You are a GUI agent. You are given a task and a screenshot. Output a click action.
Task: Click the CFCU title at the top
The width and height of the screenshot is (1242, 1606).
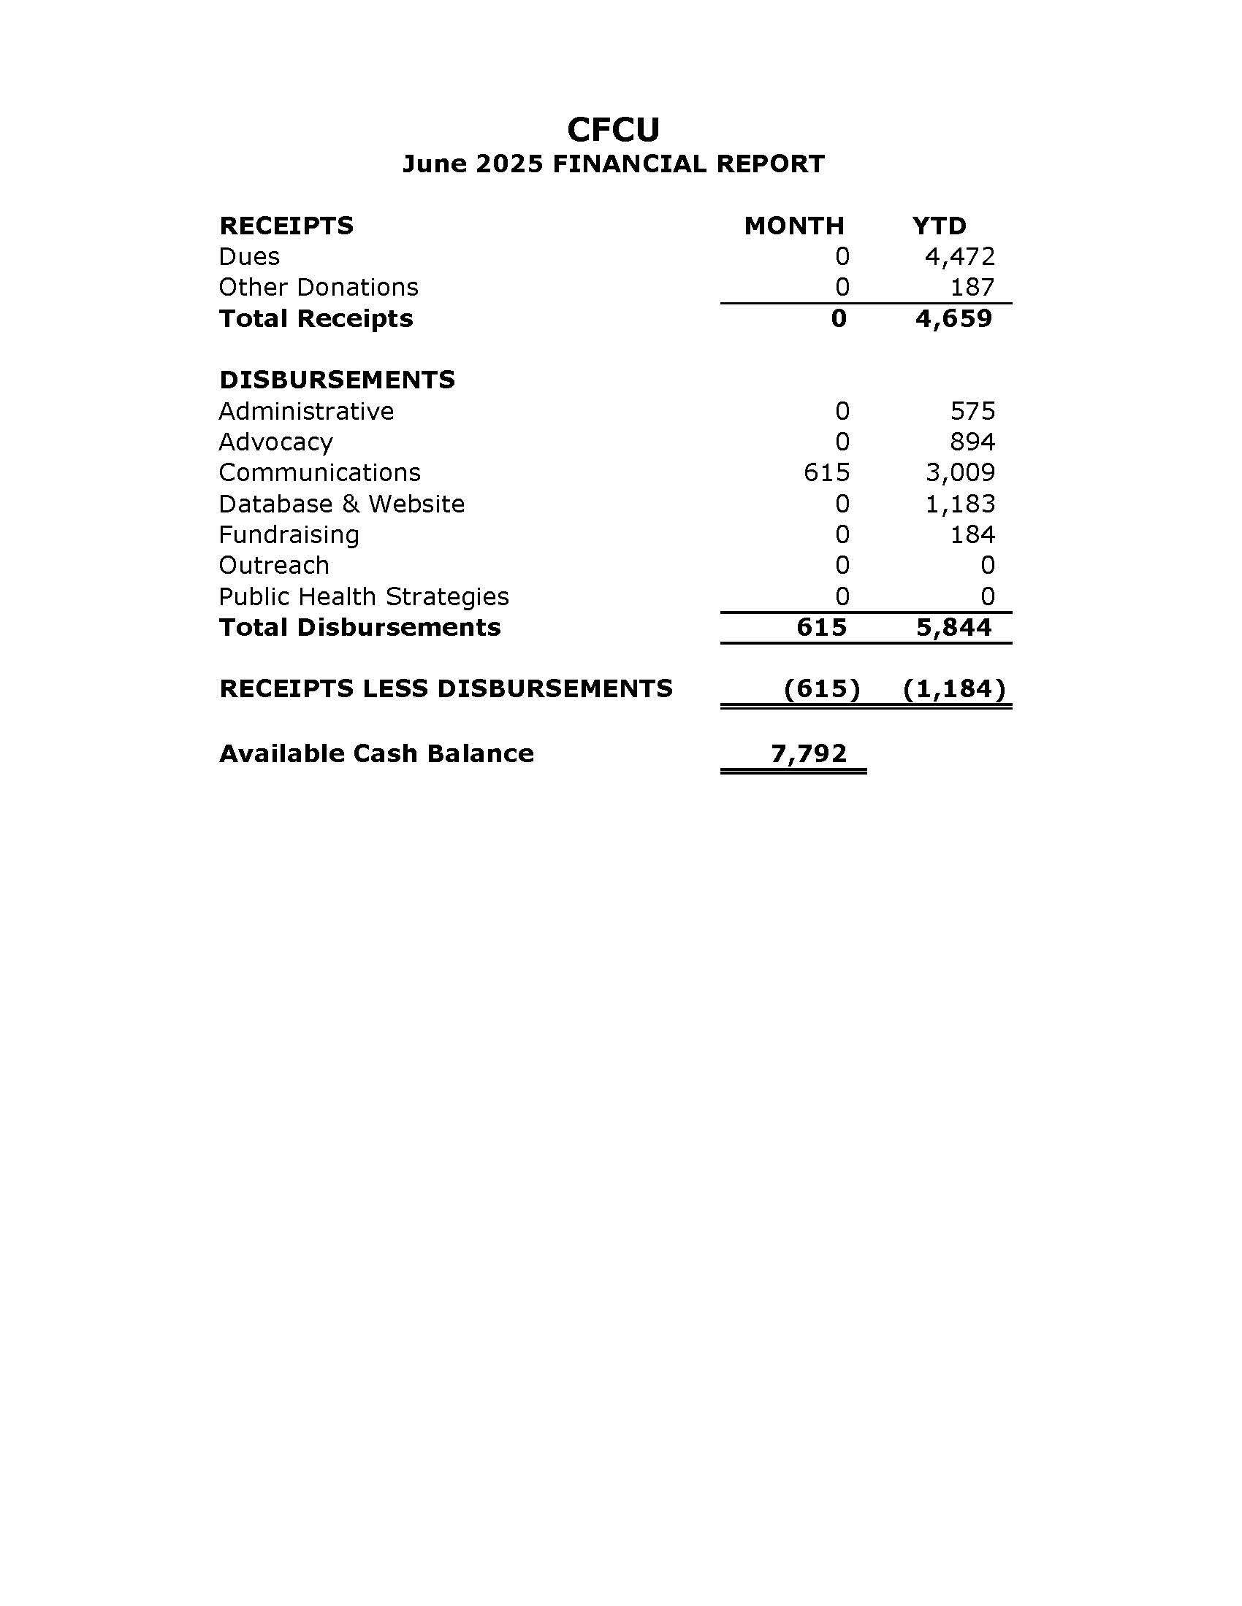pyautogui.click(x=613, y=130)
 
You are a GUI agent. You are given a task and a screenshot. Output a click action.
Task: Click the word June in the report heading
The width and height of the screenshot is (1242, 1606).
pyautogui.click(x=435, y=164)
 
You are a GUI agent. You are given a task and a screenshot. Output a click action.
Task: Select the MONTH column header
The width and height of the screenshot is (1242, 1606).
pyautogui.click(x=794, y=226)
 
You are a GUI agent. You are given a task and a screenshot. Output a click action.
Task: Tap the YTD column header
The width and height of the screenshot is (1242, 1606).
pyautogui.click(x=939, y=226)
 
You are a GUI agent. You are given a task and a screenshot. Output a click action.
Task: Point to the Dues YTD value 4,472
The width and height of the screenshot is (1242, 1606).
pyautogui.click(x=959, y=257)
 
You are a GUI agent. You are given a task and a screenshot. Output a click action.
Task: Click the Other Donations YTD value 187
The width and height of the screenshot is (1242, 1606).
pyautogui.click(x=972, y=287)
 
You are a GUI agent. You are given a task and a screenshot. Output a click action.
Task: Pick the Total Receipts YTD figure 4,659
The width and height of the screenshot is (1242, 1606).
pyautogui.click(x=953, y=318)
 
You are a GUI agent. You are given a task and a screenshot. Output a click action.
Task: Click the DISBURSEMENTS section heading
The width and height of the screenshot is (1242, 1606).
pyautogui.click(x=337, y=380)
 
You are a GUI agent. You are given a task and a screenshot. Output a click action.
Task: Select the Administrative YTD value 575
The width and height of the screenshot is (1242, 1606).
pyautogui.click(x=972, y=411)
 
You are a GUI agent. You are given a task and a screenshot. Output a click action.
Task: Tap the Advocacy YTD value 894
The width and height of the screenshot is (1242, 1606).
pyautogui.click(x=972, y=442)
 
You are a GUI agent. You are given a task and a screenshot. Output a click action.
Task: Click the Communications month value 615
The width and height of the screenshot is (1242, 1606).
pyautogui.click(x=826, y=472)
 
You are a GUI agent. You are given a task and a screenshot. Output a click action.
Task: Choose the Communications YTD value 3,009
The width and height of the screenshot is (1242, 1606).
pyautogui.click(x=959, y=472)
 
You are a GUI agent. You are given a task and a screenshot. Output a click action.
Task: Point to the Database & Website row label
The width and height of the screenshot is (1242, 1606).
pyautogui.click(x=341, y=504)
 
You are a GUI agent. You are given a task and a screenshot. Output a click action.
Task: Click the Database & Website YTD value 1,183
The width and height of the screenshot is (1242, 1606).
pyautogui.click(x=959, y=504)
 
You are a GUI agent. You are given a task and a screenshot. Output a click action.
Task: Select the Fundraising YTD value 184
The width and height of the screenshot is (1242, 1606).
pyautogui.click(x=972, y=534)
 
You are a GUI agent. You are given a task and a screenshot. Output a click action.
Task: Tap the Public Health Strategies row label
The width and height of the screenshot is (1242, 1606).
pyautogui.click(x=364, y=596)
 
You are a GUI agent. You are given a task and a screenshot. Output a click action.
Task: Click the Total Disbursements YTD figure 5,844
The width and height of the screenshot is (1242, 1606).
pyautogui.click(x=953, y=627)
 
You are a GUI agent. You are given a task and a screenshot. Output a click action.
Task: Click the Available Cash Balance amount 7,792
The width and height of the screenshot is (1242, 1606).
pyautogui.click(x=809, y=753)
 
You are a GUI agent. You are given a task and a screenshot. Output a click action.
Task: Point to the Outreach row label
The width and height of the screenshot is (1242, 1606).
pyautogui.click(x=274, y=566)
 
